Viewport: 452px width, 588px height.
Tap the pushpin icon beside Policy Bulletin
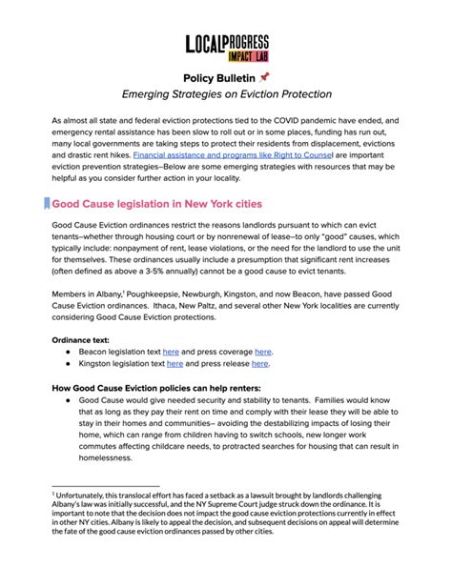(x=264, y=77)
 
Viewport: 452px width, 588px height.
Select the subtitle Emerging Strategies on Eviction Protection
(x=226, y=94)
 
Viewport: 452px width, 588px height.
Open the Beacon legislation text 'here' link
(x=171, y=352)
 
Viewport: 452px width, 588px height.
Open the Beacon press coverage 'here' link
(x=262, y=352)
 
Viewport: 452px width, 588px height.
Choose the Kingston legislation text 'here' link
(x=175, y=364)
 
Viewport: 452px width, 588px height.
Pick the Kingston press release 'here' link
(x=259, y=364)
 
